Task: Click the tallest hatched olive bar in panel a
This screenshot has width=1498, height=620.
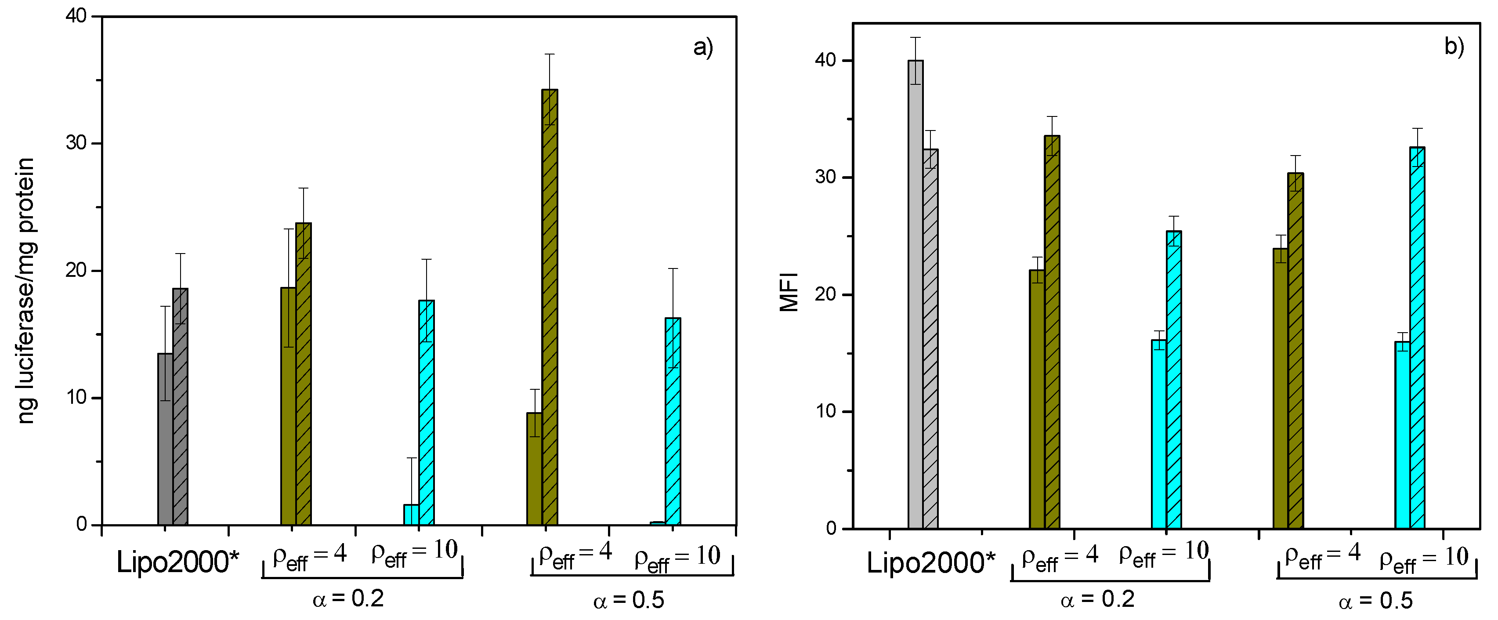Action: click(x=549, y=308)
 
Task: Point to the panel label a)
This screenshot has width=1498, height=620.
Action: click(x=702, y=47)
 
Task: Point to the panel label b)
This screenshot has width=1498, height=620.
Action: click(x=1454, y=47)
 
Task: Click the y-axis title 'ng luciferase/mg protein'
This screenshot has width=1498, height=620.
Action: click(x=26, y=291)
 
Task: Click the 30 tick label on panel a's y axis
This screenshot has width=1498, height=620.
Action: click(x=76, y=143)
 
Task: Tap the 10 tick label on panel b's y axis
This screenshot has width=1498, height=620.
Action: click(x=826, y=411)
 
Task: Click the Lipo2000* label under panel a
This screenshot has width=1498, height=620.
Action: click(x=177, y=562)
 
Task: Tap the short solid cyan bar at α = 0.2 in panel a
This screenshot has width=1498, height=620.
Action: click(x=411, y=515)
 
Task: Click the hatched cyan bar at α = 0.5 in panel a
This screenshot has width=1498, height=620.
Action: click(x=673, y=422)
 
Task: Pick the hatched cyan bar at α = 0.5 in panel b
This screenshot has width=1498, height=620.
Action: click(x=1417, y=338)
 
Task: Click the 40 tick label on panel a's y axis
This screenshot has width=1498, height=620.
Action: click(x=76, y=16)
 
